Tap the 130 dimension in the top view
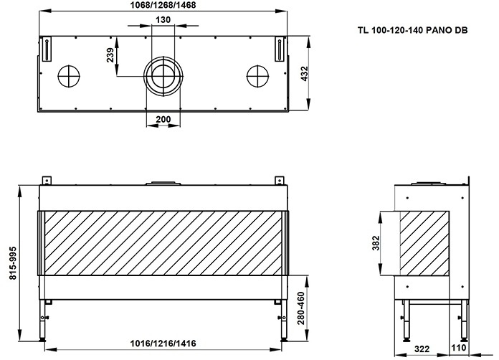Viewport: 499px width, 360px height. click(162, 19)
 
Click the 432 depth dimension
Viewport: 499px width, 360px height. click(305, 72)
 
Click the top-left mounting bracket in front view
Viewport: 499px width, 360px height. click(46, 179)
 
